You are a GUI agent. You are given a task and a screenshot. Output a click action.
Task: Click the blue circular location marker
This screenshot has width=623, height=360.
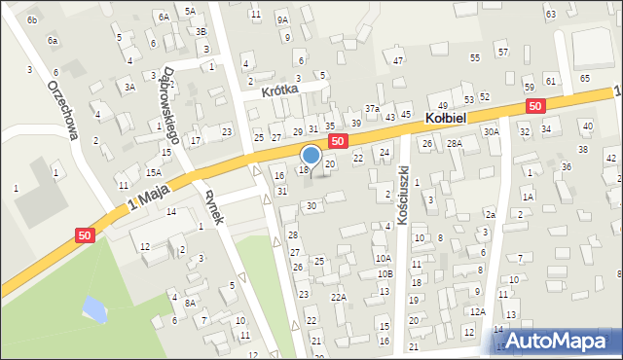(x=311, y=155)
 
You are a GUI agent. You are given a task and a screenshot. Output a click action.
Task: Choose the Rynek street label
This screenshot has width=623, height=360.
(x=214, y=204)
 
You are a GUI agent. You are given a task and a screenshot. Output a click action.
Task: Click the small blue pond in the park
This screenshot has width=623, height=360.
(x=93, y=309)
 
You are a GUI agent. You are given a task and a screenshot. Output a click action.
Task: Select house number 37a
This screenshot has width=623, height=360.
(x=372, y=108)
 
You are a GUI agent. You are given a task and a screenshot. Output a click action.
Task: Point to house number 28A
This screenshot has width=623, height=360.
(x=455, y=143)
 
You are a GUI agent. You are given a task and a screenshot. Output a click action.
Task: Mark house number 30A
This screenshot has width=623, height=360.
(x=492, y=131)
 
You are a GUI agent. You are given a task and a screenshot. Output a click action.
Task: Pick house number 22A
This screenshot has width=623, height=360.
(x=338, y=297)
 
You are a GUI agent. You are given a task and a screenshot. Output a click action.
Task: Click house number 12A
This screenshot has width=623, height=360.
(x=477, y=311)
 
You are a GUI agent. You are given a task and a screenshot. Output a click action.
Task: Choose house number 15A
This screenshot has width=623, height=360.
(x=153, y=172)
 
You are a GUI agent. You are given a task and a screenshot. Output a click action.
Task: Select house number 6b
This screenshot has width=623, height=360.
(x=32, y=19)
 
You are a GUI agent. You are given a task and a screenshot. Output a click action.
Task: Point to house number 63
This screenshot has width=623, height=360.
(x=551, y=14)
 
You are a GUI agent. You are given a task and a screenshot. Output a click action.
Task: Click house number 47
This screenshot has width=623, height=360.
(x=398, y=60)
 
